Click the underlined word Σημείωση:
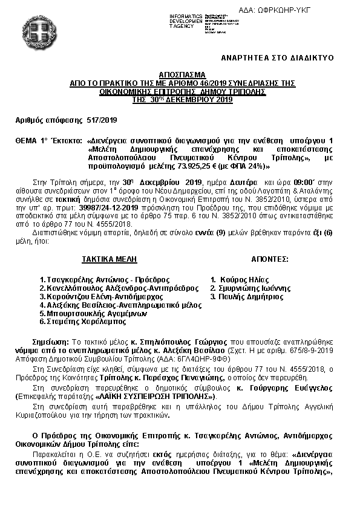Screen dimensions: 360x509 (51, 342)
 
